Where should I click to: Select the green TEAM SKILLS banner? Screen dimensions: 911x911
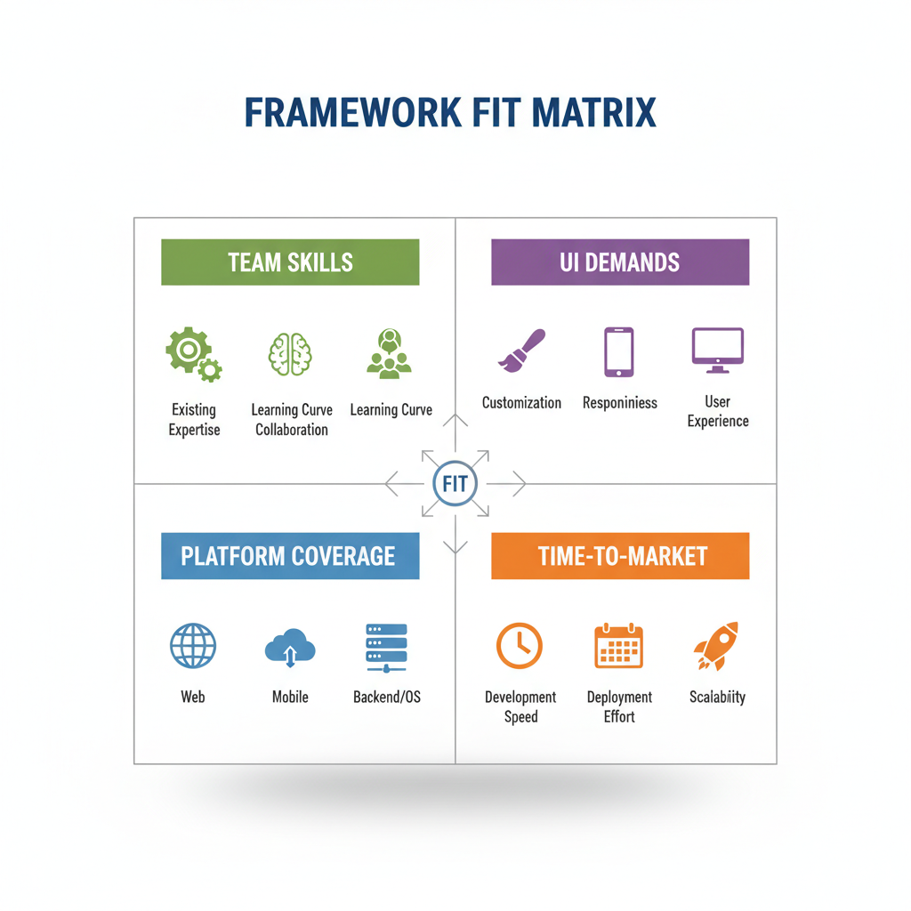290,262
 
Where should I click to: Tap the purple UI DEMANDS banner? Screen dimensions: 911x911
620,262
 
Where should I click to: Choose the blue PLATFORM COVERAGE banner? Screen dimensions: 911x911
290,556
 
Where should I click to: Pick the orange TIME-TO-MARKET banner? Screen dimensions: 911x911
620,556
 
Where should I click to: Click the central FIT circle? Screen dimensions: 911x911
455,485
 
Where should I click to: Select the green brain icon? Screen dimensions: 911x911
290,353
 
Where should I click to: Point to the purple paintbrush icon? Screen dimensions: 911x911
521,351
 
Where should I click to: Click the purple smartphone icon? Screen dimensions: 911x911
619,352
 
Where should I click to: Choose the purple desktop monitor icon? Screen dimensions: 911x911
717,351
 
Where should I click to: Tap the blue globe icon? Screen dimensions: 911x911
193,646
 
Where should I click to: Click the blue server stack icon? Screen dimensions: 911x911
386,647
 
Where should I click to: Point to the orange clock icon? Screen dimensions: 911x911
520,646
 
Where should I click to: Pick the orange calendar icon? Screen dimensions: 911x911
618,646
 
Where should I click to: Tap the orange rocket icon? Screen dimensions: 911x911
716,646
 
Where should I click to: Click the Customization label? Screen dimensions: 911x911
521,403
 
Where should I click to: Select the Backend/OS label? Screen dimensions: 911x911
387,697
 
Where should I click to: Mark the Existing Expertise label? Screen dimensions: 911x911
194,420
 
